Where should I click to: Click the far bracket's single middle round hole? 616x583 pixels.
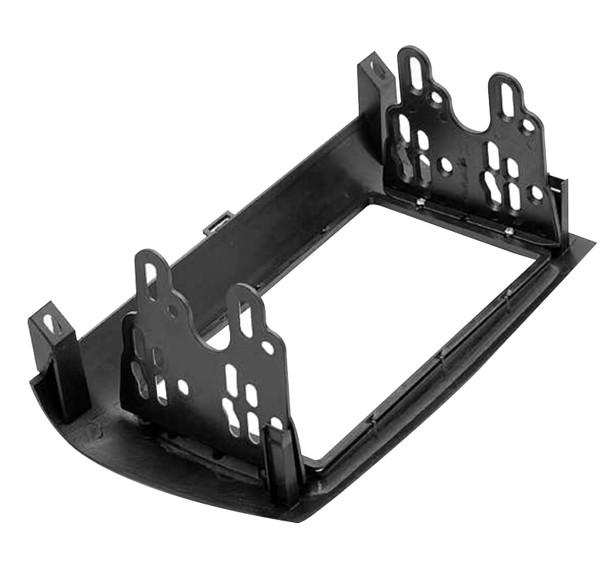click(x=446, y=165)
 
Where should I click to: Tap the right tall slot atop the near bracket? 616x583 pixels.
click(x=246, y=317)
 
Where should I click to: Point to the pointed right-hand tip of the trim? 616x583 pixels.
click(x=593, y=242)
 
